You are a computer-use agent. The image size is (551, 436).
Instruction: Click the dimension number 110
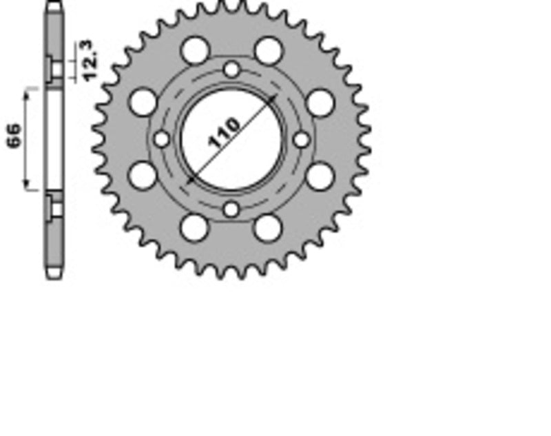[225, 134]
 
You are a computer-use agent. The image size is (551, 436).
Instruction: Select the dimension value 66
[14, 136]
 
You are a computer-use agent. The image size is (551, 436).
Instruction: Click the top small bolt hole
[231, 69]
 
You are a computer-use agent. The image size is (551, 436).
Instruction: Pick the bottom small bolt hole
[231, 209]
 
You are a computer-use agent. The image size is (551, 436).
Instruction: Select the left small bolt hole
[161, 139]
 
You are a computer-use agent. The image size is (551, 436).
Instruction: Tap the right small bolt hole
[302, 139]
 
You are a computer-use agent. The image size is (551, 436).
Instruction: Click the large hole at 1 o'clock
[268, 50]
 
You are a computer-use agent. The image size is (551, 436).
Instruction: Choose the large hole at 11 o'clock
[195, 50]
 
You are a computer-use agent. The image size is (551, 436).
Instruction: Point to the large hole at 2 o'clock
[320, 103]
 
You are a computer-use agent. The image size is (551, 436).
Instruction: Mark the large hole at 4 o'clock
[320, 176]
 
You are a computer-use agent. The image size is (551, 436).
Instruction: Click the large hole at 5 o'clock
[268, 228]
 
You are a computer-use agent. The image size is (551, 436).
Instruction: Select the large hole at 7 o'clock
[195, 228]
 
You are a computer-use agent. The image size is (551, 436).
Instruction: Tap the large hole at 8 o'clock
[143, 176]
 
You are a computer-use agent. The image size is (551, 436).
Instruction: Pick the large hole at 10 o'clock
[143, 103]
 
